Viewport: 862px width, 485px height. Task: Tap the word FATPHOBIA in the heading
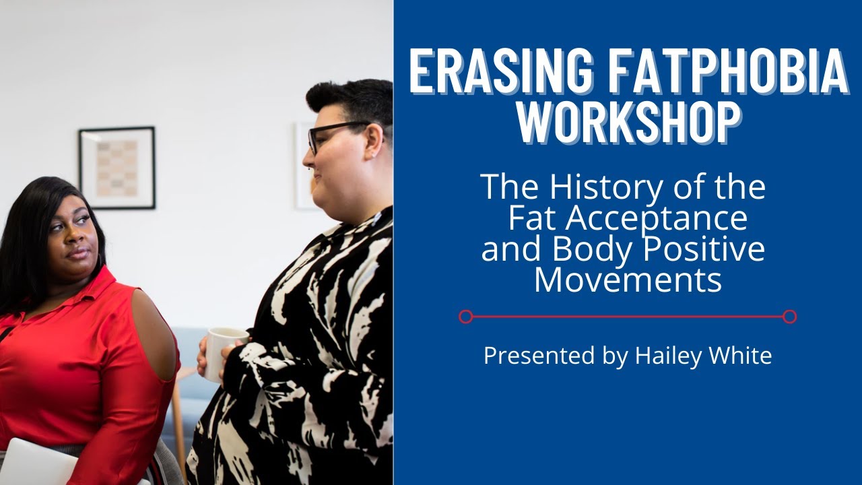click(x=721, y=71)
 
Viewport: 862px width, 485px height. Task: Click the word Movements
click(x=628, y=279)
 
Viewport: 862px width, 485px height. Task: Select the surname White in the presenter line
click(x=740, y=356)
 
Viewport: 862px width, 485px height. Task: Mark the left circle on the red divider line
click(x=465, y=317)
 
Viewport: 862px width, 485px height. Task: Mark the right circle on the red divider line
click(x=790, y=317)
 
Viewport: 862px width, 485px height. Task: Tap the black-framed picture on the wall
click(x=117, y=168)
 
